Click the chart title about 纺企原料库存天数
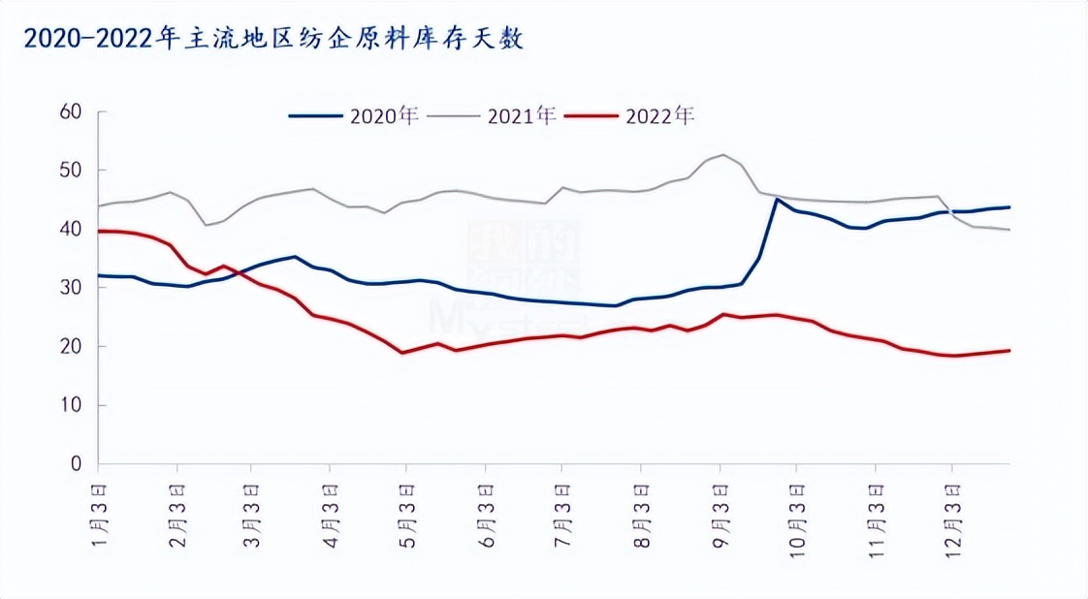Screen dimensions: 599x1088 pyautogui.click(x=273, y=40)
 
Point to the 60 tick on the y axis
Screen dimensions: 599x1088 pyautogui.click(x=69, y=112)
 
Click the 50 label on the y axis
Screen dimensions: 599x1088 pyautogui.click(x=69, y=171)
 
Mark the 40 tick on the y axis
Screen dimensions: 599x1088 pyautogui.click(x=69, y=230)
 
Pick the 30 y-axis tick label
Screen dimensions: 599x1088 pyautogui.click(x=69, y=288)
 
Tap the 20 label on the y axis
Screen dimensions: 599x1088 pyautogui.click(x=69, y=347)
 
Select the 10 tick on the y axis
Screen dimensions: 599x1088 pyautogui.click(x=69, y=405)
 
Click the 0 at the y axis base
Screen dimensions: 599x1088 pyautogui.click(x=74, y=464)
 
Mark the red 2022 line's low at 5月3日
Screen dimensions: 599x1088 pyautogui.click(x=402, y=352)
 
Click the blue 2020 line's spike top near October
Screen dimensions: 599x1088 pyautogui.click(x=776, y=200)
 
